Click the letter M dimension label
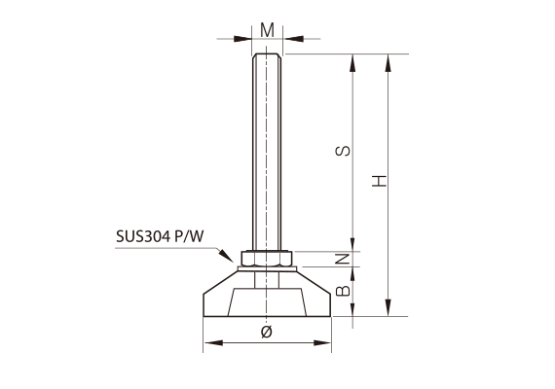point(267,30)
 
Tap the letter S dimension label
point(343,151)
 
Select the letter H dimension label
point(379,181)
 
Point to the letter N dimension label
point(343,260)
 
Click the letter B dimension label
point(343,291)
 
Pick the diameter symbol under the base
point(267,332)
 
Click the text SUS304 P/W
point(160,236)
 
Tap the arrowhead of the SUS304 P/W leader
point(227,256)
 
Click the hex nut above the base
point(267,259)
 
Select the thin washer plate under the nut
point(267,268)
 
